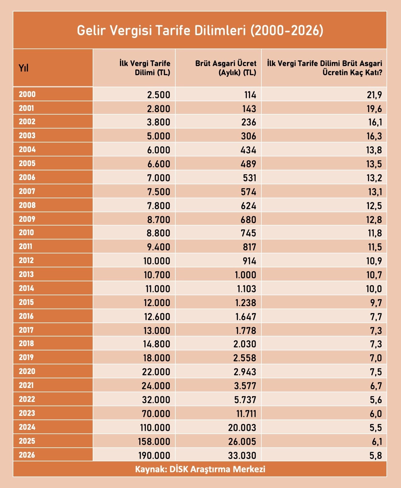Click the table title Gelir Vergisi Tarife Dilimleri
pos(200,31)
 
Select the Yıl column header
pos(24,68)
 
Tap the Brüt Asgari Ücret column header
pos(226,68)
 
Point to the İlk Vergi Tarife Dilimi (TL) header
pos(145,68)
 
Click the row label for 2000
pos(27,94)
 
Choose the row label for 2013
pos(26,274)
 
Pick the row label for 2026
pos(27,455)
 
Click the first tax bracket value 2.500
pos(158,95)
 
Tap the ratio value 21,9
pos(374,95)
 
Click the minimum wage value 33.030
pos(242,455)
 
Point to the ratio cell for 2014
pos(374,289)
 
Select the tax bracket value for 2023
pos(156,414)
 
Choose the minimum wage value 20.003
pos(242,428)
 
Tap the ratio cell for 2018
pos(376,344)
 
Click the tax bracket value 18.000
pos(157,358)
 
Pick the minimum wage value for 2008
pos(248,206)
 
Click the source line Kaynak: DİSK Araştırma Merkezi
pos(200,469)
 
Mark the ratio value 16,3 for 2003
pos(374,136)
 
